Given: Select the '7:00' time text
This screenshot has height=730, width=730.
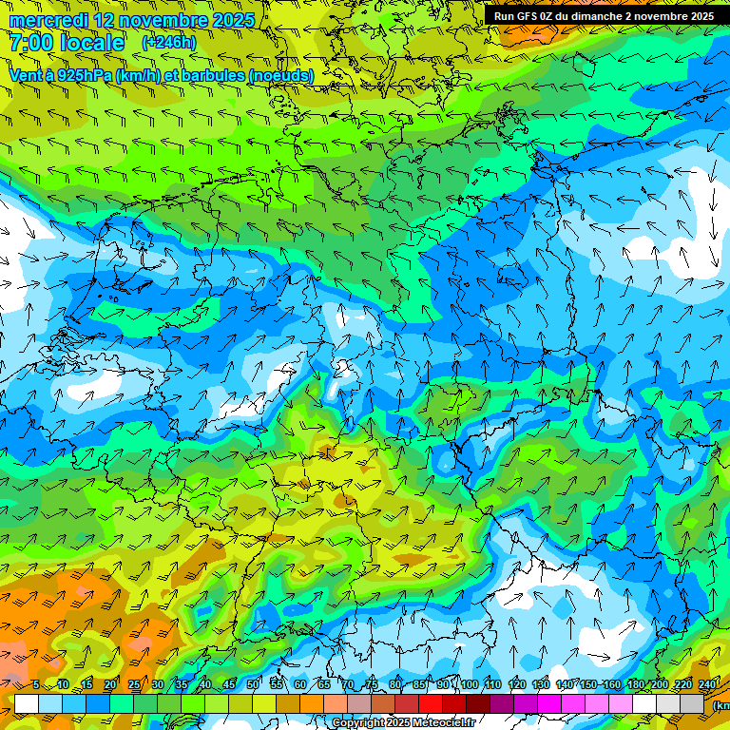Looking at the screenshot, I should pyautogui.click(x=30, y=43).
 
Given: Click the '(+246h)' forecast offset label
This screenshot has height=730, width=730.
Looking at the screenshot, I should pyautogui.click(x=168, y=43).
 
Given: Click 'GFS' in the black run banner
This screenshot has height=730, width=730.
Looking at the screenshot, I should pyautogui.click(x=531, y=15).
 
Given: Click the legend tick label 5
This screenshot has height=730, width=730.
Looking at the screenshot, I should pyautogui.click(x=35, y=684).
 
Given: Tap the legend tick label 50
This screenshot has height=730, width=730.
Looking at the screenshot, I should pyautogui.click(x=252, y=684).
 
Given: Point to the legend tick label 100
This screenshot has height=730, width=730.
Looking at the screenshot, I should pyautogui.click(x=469, y=684).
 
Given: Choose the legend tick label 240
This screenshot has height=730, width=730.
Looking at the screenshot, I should pyautogui.click(x=707, y=684).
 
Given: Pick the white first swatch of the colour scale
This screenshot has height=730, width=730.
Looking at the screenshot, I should pyautogui.click(x=27, y=703).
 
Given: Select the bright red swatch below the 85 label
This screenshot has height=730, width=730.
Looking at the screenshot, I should pyautogui.click(x=431, y=703).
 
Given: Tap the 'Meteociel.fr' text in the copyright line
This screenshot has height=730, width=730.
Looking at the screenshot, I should pyautogui.click(x=442, y=723).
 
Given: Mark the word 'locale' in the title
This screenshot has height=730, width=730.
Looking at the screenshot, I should pyautogui.click(x=93, y=43).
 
